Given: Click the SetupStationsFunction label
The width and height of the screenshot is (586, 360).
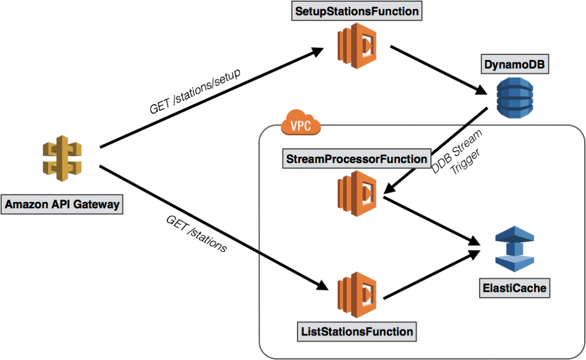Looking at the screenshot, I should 357,11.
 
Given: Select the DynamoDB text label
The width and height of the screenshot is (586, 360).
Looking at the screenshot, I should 514,65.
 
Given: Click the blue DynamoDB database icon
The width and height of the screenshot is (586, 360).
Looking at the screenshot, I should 514,98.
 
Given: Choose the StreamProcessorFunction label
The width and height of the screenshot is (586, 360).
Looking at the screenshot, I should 356,159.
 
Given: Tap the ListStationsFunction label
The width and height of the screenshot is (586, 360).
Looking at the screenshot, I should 357,331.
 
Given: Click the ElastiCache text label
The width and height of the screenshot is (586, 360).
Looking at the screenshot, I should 514,288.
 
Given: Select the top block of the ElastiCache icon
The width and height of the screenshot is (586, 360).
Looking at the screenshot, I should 514,235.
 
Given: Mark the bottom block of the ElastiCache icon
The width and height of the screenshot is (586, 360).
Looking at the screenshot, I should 514,263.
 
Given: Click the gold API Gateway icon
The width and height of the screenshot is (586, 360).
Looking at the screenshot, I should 62,158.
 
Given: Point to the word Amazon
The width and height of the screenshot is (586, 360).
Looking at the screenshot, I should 26,204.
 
